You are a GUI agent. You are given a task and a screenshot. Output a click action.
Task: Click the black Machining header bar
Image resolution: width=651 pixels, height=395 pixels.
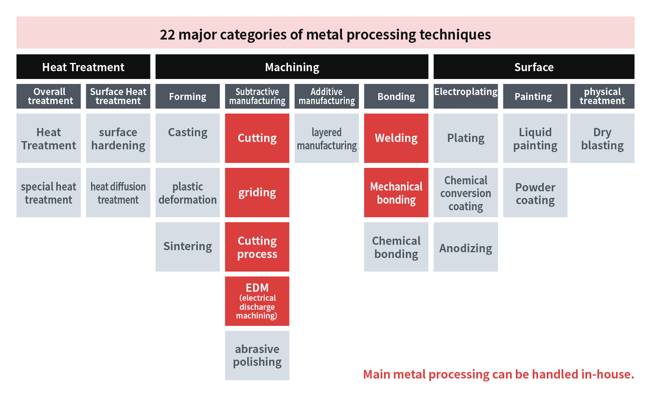292,67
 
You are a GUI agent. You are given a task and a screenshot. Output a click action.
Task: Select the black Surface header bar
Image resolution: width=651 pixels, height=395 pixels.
534,67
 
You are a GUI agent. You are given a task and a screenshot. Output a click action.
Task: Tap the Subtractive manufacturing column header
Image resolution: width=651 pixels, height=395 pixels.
257,96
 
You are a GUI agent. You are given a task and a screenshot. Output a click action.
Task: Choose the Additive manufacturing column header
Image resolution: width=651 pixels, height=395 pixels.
326,96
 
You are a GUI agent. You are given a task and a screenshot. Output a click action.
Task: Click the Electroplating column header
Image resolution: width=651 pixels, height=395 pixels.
466,96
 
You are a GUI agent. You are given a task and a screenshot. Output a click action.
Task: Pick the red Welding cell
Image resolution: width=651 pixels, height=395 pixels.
396,138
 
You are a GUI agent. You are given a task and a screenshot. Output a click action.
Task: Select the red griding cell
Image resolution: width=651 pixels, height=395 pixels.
257,193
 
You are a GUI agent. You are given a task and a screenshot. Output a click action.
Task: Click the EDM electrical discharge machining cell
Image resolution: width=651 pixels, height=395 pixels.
257,301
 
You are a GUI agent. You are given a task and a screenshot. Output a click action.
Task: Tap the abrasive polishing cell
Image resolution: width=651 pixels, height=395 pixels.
257,355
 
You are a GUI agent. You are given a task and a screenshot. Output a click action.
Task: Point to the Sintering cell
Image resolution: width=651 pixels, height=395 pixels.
187,247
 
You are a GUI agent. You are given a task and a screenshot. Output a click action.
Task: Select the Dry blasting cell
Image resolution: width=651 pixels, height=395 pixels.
602,138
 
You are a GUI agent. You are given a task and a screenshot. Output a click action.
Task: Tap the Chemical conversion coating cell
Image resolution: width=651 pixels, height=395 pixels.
466,193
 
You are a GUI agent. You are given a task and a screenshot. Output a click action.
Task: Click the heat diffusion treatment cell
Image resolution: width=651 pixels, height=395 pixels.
118,193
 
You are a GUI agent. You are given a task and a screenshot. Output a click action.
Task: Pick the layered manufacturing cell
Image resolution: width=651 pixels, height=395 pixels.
326,138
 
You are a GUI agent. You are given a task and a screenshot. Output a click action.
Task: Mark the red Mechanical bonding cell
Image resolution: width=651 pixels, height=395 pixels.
396,193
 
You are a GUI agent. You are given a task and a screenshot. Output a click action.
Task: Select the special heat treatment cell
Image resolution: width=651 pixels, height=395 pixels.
49,193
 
